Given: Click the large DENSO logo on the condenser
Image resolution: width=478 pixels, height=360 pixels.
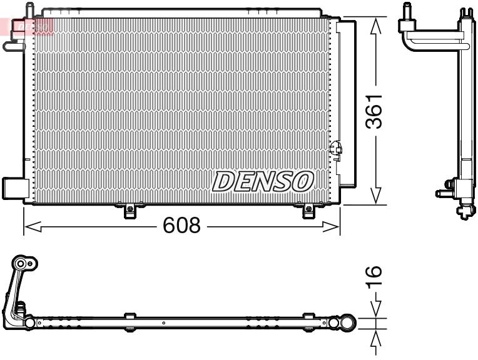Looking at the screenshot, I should [262, 181].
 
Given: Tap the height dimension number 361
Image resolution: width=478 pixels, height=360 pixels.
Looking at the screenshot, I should [374, 111].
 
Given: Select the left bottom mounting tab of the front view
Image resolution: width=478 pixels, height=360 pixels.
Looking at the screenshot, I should [130, 211].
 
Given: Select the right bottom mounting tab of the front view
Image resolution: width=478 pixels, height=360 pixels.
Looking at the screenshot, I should [308, 211].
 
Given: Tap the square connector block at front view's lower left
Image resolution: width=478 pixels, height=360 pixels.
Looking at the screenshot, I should [14, 187].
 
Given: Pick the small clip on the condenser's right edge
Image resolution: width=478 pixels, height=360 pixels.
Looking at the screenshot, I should [336, 149].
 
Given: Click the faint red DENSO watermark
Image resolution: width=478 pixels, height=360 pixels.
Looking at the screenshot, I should [28, 26].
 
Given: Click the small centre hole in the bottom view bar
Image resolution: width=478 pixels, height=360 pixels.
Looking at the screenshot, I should [163, 324].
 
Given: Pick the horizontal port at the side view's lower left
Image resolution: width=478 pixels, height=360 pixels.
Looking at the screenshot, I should [443, 194].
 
